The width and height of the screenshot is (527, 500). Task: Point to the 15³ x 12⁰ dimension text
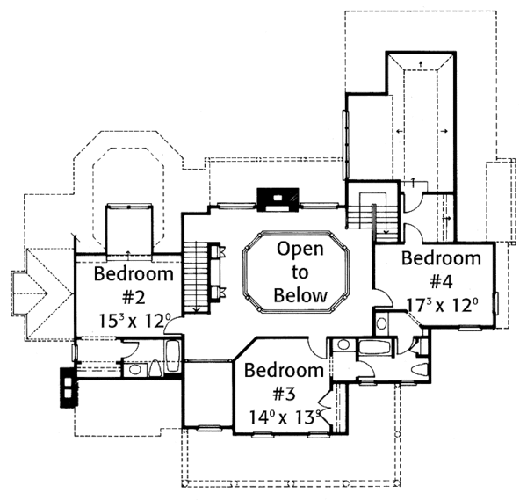pyautogui.click(x=130, y=321)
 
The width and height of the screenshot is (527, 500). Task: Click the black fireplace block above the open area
pyautogui.click(x=277, y=200)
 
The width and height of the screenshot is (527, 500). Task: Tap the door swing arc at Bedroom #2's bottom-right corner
pyautogui.click(x=176, y=326)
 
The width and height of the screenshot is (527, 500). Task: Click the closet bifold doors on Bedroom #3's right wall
pyautogui.click(x=327, y=410)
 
